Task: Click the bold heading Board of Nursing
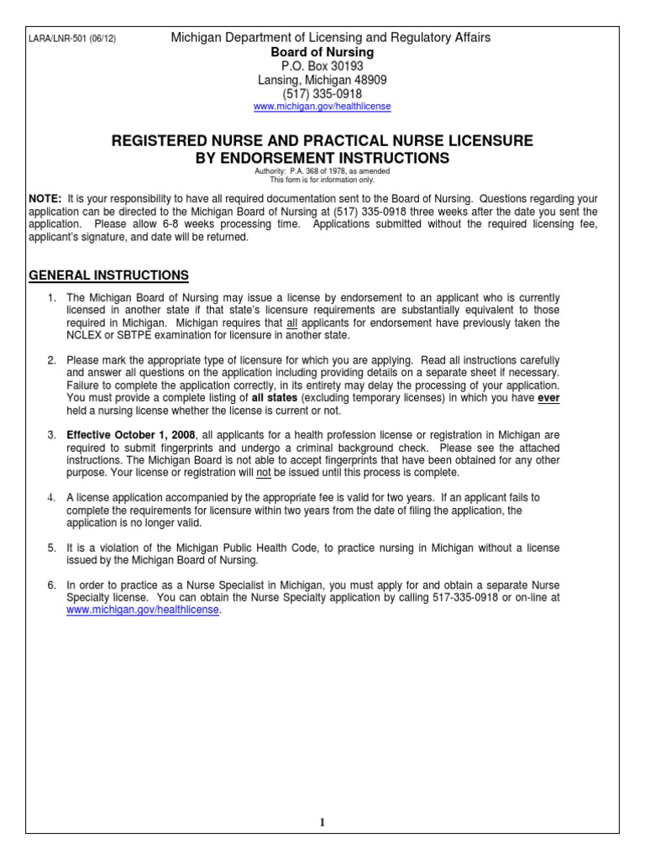[x=322, y=52]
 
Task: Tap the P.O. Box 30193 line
[x=322, y=66]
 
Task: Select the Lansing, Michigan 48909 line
[x=322, y=80]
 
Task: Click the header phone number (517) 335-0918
[x=322, y=94]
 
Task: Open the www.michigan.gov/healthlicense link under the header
[x=322, y=107]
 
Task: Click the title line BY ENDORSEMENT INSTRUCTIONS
[x=322, y=158]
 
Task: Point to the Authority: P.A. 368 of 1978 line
[x=322, y=171]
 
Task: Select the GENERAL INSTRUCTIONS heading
[x=109, y=275]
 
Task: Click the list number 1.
[x=51, y=298]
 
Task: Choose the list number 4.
[x=51, y=498]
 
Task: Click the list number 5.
[x=51, y=548]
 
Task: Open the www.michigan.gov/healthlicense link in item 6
[x=143, y=611]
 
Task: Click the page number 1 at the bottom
[x=322, y=823]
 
